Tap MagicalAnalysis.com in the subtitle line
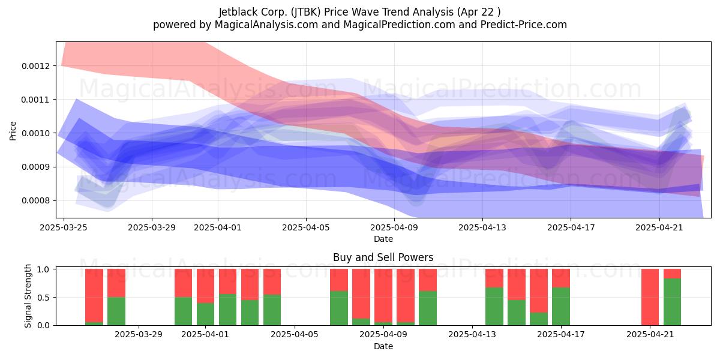266,25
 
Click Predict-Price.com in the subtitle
524,25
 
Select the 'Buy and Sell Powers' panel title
383,257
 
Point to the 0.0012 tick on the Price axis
36,66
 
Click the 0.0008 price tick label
36,201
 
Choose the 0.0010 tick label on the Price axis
36,133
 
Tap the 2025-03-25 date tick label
64,227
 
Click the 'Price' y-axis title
13,131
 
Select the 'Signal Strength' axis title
28,296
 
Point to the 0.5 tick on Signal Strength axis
43,298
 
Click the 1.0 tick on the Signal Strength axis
43,269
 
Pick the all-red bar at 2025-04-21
650,297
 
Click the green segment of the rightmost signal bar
672,302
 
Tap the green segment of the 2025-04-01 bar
205,314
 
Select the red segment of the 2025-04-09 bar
383,295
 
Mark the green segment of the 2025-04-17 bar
561,307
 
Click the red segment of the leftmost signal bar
94,295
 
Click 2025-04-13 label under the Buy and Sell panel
472,335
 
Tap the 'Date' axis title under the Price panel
383,239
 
